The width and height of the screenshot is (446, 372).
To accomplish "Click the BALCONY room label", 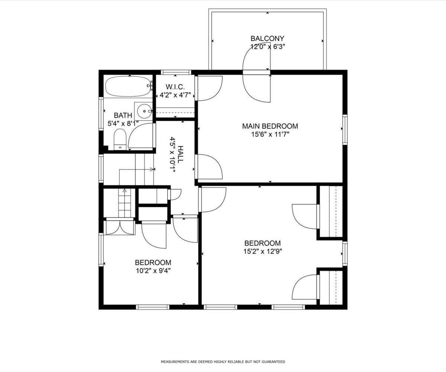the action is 268,38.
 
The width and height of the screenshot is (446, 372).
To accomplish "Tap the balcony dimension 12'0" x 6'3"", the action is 268,46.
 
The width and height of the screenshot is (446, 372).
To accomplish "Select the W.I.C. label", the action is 175,87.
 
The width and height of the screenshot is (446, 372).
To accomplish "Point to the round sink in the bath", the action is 145,111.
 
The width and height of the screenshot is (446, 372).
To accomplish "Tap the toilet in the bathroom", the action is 120,139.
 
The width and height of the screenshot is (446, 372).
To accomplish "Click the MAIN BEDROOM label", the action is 270,126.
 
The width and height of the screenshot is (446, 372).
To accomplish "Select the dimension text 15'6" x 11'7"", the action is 270,134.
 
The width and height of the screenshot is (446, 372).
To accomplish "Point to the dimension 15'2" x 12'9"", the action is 263,251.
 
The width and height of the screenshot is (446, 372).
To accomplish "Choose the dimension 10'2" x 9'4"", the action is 153,271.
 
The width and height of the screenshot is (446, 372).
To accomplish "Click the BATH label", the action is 123,115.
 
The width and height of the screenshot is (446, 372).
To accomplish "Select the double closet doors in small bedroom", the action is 120,228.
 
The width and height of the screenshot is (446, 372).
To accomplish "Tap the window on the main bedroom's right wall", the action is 345,129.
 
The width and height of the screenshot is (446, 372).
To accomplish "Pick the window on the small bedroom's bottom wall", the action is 153,307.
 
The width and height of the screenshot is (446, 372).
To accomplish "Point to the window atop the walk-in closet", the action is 176,72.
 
